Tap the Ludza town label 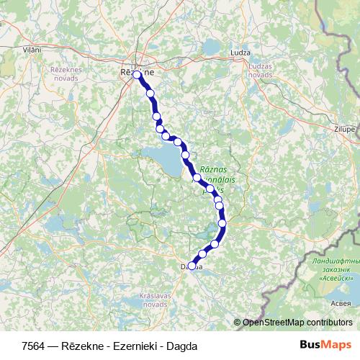click(x=240, y=53)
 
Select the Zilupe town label click(x=345, y=129)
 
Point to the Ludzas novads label click(x=260, y=70)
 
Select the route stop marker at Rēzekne click(x=137, y=74)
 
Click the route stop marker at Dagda click(x=192, y=264)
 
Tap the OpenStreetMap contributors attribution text click(x=297, y=323)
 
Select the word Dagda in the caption click(x=181, y=346)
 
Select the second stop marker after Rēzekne click(x=156, y=117)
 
